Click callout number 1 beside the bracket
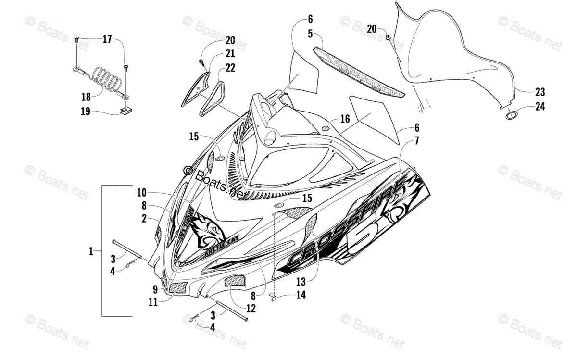91,250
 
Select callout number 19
86,112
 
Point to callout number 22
230,68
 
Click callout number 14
301,296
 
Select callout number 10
141,193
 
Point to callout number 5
310,34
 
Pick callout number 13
301,279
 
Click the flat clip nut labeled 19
126,112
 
